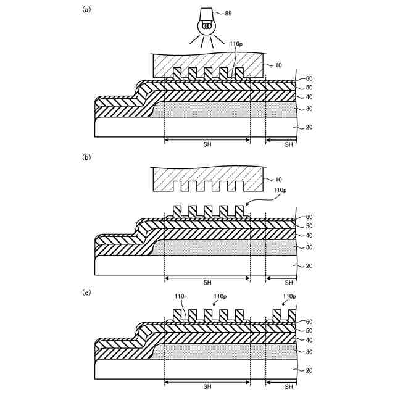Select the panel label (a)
click(87, 9)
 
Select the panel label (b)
click(87, 157)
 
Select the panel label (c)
click(87, 292)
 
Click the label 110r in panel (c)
click(180, 296)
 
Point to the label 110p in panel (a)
click(236, 44)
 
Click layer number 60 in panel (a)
click(309, 79)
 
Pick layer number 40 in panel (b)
click(309, 235)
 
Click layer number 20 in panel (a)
click(309, 127)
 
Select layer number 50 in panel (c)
click(309, 330)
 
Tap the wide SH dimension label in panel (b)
click(208, 283)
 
